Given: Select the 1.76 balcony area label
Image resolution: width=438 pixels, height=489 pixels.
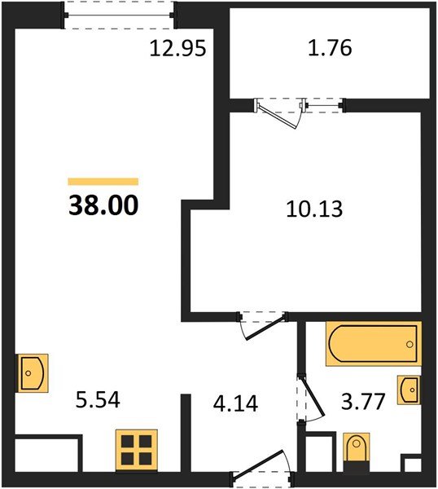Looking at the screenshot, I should [331, 49].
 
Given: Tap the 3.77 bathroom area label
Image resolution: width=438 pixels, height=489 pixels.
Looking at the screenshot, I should [364, 401].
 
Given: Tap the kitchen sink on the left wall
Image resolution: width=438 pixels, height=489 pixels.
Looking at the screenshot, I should [32, 372].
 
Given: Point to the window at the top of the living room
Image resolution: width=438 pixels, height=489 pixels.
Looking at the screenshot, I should [120, 15].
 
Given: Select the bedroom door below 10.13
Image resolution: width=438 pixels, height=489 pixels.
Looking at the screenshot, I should [262, 324].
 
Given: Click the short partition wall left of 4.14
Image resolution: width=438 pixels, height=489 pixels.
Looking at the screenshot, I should [184, 432].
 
